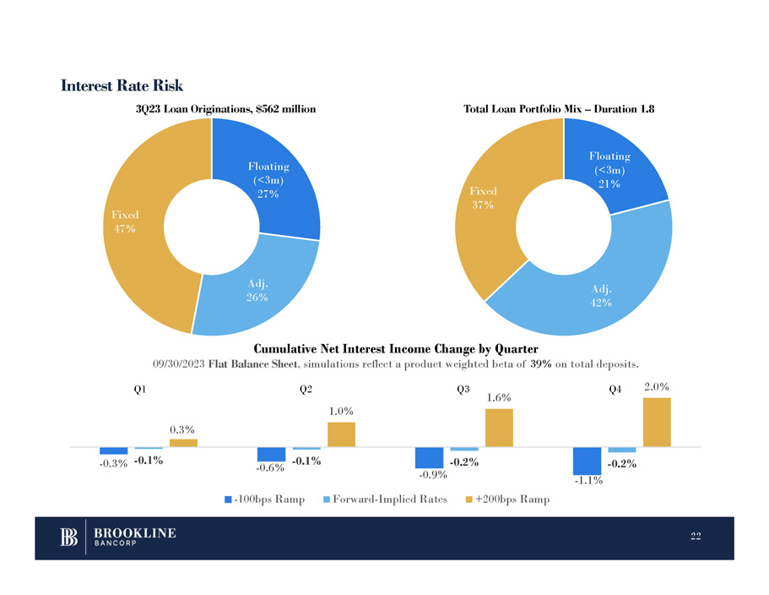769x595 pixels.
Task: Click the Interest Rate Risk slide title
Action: [x=122, y=85]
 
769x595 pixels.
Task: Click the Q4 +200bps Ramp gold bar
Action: [x=657, y=422]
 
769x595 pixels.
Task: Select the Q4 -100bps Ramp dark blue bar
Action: [x=586, y=461]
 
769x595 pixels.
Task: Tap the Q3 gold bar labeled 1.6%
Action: [x=499, y=427]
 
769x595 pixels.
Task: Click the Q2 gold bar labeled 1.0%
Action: [x=341, y=434]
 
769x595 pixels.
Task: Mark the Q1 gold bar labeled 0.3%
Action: [x=183, y=442]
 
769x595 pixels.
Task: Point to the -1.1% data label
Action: [x=588, y=482]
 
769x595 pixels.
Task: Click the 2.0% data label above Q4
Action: [x=657, y=387]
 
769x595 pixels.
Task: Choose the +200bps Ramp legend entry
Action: [x=507, y=499]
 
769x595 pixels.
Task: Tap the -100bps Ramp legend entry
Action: [x=264, y=499]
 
